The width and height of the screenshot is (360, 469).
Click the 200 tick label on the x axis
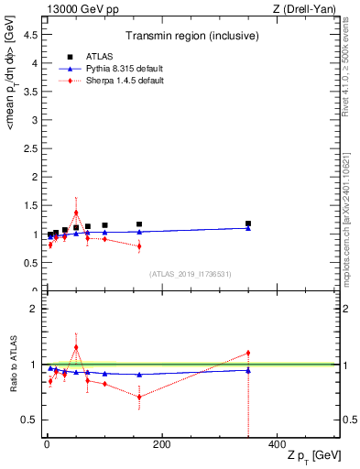[161, 445]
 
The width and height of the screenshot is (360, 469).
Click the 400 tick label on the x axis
[276, 445]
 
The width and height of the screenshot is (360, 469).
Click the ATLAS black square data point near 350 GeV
[248, 224]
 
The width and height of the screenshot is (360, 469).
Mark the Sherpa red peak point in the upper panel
[76, 213]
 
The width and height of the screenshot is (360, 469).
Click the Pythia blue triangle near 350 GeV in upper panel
[248, 228]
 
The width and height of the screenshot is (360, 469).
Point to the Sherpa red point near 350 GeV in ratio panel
[248, 353]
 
